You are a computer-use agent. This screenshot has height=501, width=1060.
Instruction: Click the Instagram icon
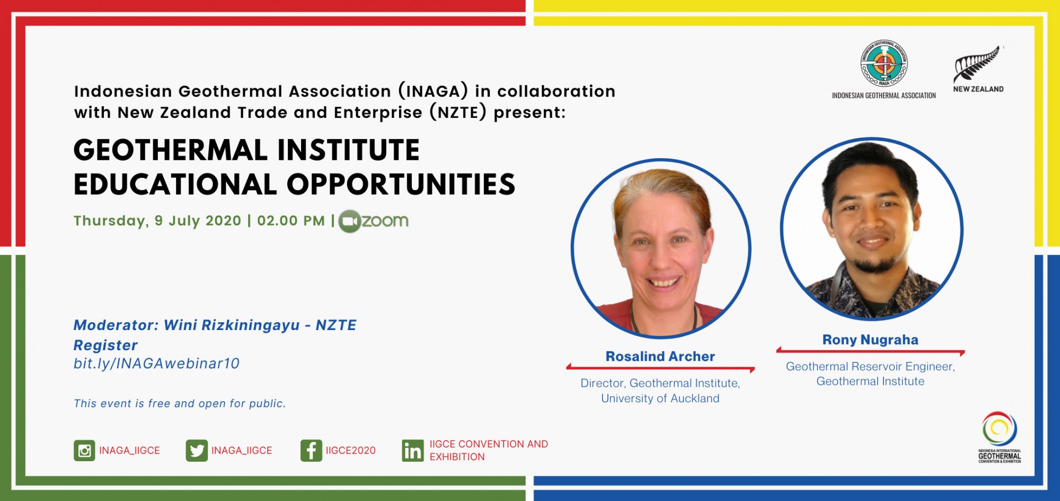click(x=84, y=451)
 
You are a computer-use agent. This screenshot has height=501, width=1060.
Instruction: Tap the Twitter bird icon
click(x=197, y=451)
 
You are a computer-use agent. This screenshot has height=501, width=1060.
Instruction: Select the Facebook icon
click(x=311, y=451)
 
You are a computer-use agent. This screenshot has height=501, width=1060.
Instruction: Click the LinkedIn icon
click(x=413, y=451)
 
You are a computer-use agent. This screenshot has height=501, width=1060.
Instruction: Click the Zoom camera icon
click(x=349, y=221)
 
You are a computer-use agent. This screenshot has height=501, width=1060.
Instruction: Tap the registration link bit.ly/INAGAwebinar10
click(x=156, y=364)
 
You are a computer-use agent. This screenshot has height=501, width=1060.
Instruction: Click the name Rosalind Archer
click(x=660, y=357)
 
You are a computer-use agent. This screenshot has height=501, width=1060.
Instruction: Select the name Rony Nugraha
click(x=870, y=340)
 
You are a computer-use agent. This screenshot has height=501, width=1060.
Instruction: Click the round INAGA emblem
click(x=884, y=64)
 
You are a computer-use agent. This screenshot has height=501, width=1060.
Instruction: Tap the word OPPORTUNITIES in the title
click(x=401, y=184)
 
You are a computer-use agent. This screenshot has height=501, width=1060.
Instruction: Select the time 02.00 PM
click(x=291, y=221)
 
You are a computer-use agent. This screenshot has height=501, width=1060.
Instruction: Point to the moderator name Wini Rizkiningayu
click(x=232, y=325)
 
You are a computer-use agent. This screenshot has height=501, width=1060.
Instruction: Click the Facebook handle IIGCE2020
click(x=350, y=451)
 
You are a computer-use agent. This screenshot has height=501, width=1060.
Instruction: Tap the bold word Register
click(x=105, y=345)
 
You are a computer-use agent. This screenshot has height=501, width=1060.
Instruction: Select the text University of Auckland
click(x=660, y=399)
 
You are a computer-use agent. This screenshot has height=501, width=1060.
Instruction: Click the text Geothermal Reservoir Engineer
click(x=870, y=367)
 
